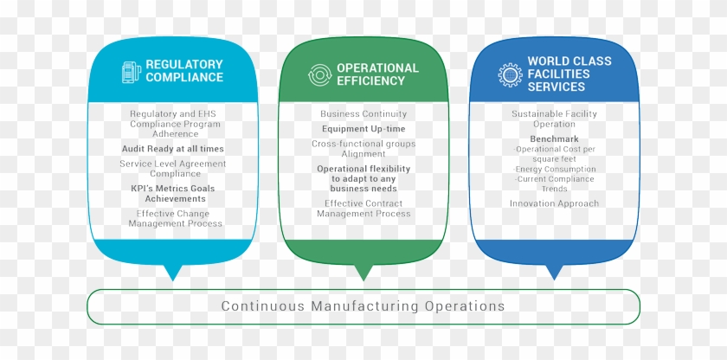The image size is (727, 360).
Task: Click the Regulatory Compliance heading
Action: pyautogui.click(x=183, y=70)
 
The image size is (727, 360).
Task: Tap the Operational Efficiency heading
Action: pyautogui.click(x=377, y=74)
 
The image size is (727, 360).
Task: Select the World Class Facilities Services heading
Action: pyautogui.click(x=569, y=74)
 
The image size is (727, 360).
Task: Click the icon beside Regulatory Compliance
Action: pyautogui.click(x=132, y=71)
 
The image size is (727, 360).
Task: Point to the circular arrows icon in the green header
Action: pyautogui.click(x=319, y=74)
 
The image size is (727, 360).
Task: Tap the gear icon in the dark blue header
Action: pyautogui.click(x=509, y=74)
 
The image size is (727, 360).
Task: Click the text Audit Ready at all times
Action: pyautogui.click(x=172, y=149)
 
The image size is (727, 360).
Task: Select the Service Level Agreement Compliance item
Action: pyautogui.click(x=172, y=168)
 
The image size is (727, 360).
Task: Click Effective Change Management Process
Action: pyautogui.click(x=175, y=218)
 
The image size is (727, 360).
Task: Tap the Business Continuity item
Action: pyautogui.click(x=363, y=114)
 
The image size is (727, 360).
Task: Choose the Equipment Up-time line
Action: pyautogui.click(x=363, y=129)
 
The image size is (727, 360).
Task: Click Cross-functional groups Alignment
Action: pyautogui.click(x=363, y=149)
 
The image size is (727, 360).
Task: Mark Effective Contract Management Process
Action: pyautogui.click(x=363, y=208)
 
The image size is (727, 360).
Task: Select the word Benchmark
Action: pyautogui.click(x=554, y=138)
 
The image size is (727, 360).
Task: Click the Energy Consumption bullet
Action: pyautogui.click(x=554, y=170)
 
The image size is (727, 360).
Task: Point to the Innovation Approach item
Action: pyautogui.click(x=554, y=203)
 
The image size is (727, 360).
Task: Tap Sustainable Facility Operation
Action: pyautogui.click(x=554, y=119)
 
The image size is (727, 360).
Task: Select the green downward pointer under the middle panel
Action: pyautogui.click(x=363, y=273)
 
